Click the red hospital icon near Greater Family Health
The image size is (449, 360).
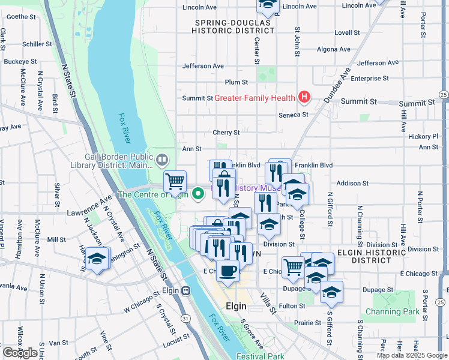[x=304, y=97]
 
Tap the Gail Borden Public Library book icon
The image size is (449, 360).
[x=161, y=160]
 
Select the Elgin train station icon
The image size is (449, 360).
[x=186, y=291]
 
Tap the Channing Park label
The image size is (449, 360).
[x=393, y=312]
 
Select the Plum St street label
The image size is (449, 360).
[x=236, y=82]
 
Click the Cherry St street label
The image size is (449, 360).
[x=226, y=133]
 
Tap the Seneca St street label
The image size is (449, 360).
[x=294, y=115]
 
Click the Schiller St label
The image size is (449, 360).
[x=37, y=44]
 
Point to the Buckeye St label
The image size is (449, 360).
[x=21, y=61]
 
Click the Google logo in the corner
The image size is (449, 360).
[x=20, y=353]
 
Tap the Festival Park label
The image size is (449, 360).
[x=265, y=356]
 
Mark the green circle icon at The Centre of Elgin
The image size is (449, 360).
[x=199, y=193]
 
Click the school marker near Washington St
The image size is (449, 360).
[x=97, y=259]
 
